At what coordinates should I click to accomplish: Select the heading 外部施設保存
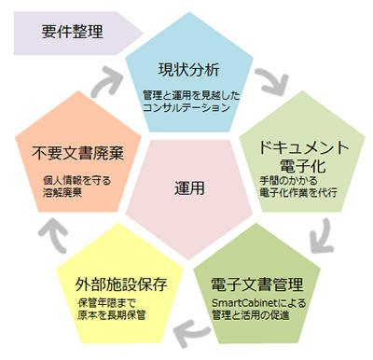[x=123, y=284]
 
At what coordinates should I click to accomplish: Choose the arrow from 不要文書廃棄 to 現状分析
[x=104, y=81]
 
